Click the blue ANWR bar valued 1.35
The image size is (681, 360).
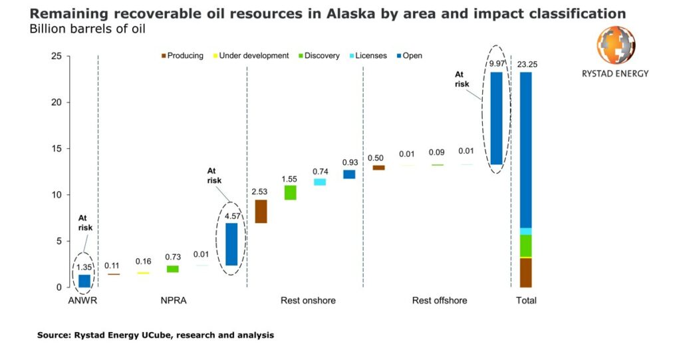tap(84, 281)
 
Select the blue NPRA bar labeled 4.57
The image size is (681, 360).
tap(231, 244)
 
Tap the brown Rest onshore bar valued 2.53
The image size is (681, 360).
tap(261, 211)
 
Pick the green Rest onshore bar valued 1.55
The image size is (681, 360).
tap(290, 192)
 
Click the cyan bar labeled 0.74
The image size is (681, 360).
tap(320, 182)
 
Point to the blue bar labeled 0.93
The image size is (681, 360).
tap(349, 174)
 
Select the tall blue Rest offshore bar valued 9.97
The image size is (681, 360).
tap(496, 118)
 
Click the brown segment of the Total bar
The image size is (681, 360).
tap(525, 272)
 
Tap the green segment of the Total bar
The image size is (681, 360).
tap(525, 246)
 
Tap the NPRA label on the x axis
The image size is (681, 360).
tap(173, 301)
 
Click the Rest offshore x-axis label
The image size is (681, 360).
tap(439, 301)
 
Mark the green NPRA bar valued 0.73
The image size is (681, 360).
tap(172, 269)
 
